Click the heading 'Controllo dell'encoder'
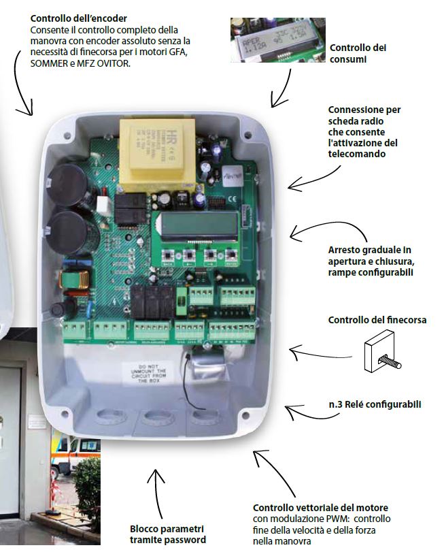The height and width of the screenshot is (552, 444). pyautogui.click(x=79, y=18)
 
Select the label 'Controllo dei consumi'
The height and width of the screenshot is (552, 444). pyautogui.click(x=358, y=54)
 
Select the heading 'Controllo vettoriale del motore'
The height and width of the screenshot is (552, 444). pyautogui.click(x=320, y=508)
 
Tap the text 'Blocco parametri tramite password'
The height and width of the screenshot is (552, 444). pyautogui.click(x=167, y=534)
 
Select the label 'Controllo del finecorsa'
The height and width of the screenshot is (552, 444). pyautogui.click(x=368, y=320)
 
